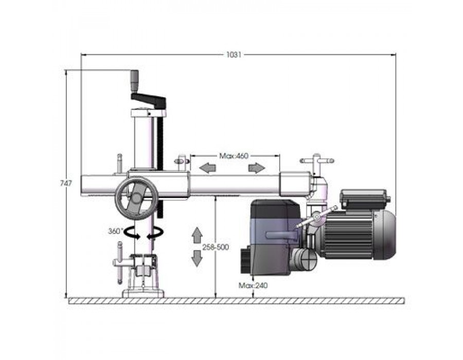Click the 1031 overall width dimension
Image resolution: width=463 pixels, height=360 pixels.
(x=234, y=55)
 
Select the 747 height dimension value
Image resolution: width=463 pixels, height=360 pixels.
(x=66, y=183)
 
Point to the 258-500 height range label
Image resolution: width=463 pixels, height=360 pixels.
(x=216, y=247)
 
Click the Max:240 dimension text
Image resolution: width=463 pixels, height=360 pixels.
(x=253, y=285)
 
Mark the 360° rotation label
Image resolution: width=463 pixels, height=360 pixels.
(x=115, y=231)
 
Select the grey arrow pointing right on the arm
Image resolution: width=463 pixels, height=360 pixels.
(x=257, y=168)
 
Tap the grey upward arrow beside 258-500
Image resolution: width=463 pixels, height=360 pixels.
(x=197, y=235)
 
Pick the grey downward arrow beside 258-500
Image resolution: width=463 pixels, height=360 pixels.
(x=197, y=258)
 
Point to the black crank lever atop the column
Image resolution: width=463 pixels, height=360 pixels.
(x=148, y=100)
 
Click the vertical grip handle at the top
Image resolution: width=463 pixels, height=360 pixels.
(x=135, y=81)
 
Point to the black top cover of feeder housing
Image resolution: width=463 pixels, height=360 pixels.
(x=275, y=209)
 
